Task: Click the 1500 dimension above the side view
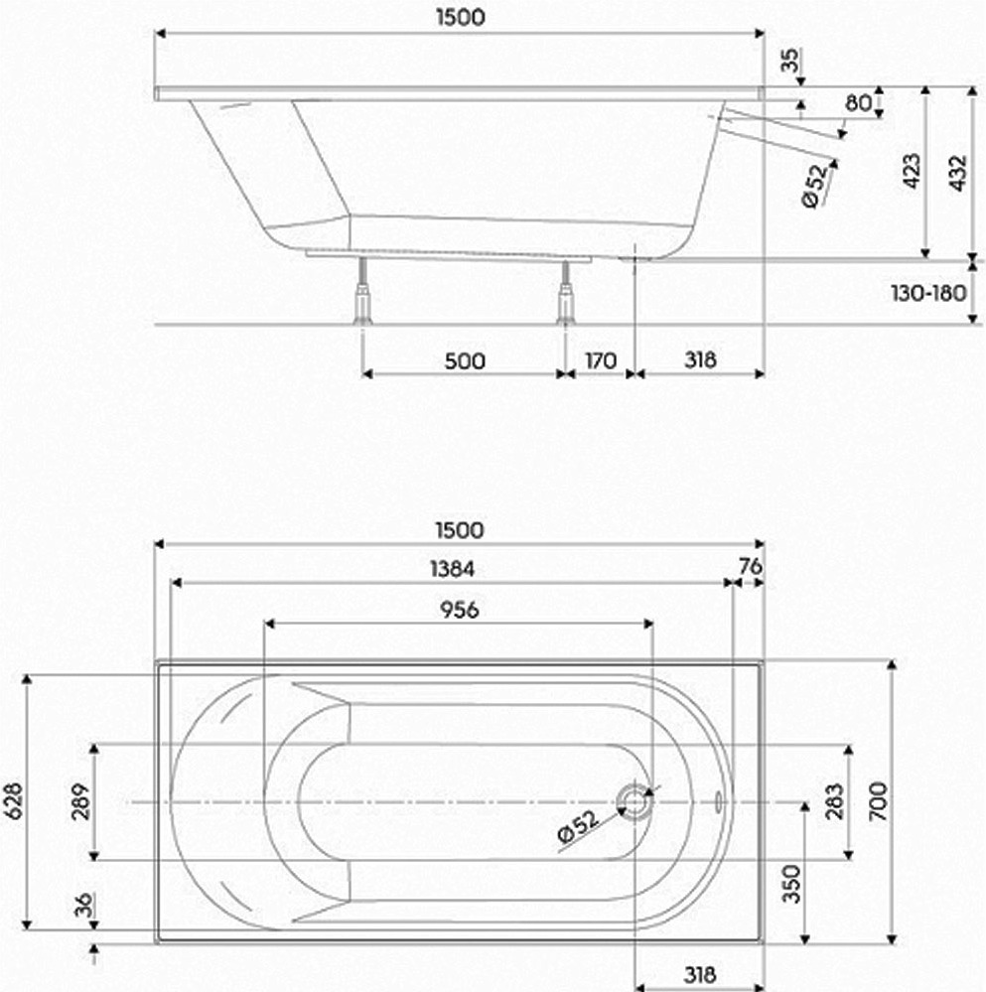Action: (x=461, y=18)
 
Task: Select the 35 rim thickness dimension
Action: (x=789, y=61)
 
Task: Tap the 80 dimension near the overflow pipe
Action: (x=858, y=102)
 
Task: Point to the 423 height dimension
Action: (x=912, y=171)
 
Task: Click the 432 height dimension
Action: (x=957, y=173)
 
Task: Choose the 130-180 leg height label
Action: (x=928, y=293)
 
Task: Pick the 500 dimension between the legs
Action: (x=465, y=361)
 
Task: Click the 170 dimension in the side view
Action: (x=600, y=360)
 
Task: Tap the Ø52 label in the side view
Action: (x=814, y=186)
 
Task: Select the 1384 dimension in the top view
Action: (x=452, y=569)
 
